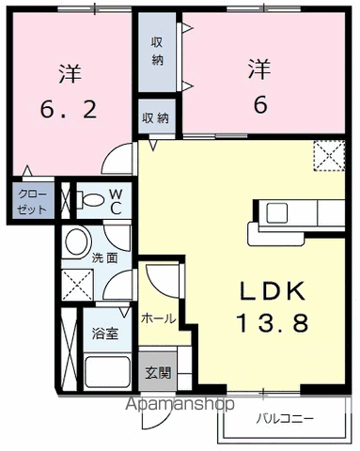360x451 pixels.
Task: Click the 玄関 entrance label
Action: click(x=156, y=370)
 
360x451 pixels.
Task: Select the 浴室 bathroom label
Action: click(x=103, y=333)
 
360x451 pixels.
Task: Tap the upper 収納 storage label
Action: click(x=158, y=54)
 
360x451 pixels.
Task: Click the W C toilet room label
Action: click(x=114, y=201)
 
